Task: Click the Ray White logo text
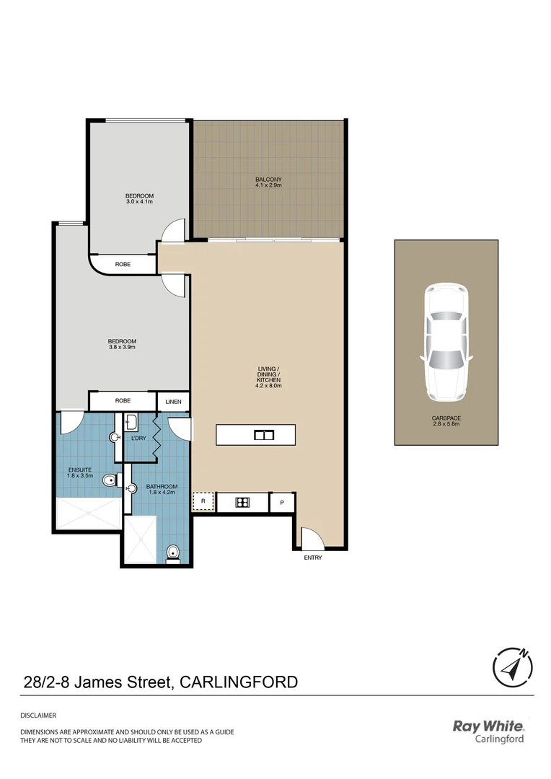488,726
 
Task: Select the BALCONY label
268,180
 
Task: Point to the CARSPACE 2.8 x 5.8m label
445,421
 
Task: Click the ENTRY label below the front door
313,558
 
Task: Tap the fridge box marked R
203,501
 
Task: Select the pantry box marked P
281,502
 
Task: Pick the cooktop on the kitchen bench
243,502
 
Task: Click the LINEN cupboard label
173,402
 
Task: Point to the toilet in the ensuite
110,480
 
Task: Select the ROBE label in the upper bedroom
123,265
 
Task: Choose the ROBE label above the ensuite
123,401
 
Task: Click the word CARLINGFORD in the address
238,682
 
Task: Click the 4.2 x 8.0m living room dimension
269,386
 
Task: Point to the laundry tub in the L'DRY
133,423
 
